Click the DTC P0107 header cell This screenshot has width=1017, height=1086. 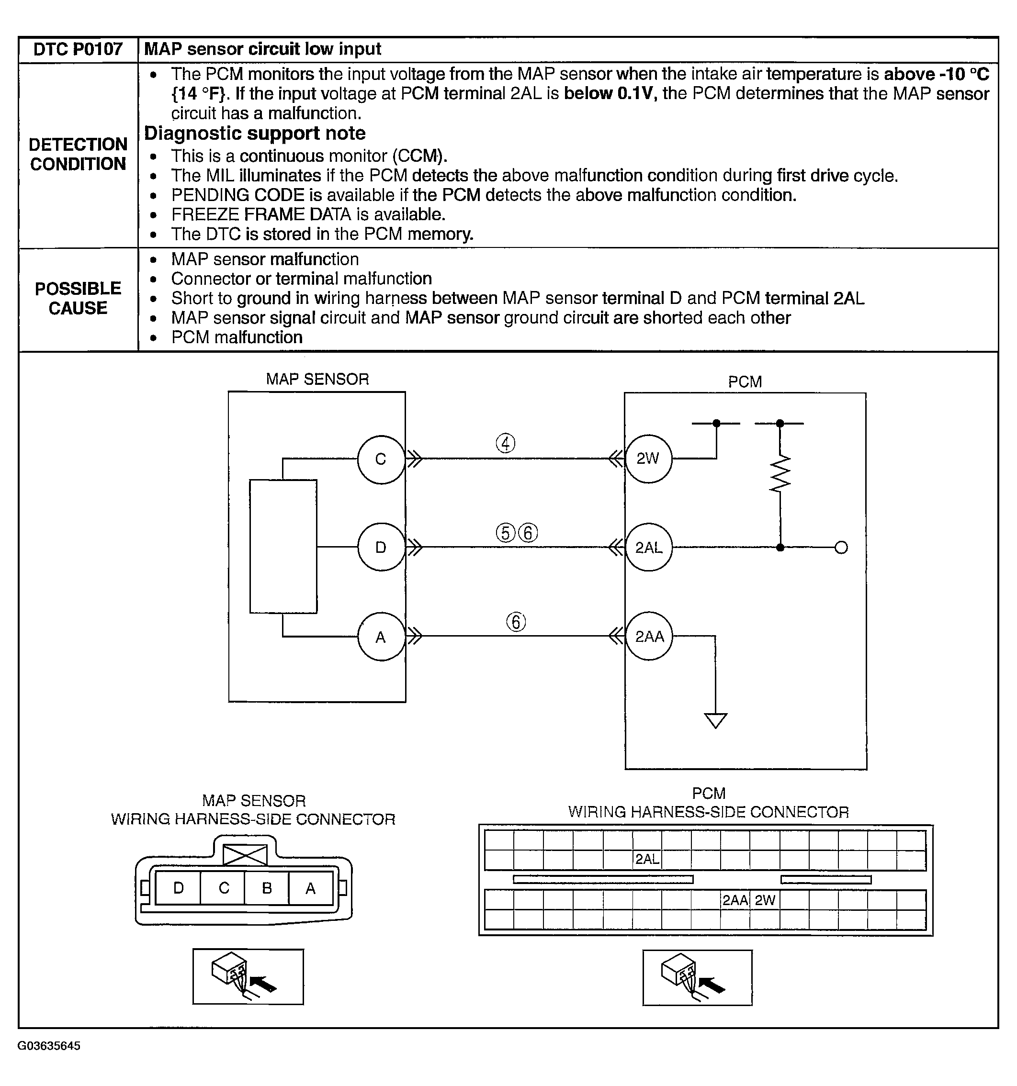[78, 49]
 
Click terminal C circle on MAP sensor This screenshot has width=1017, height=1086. [381, 459]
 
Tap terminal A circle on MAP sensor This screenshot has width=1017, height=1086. [381, 637]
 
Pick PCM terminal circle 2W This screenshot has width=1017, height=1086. [648, 459]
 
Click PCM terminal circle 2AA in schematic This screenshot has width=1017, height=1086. [649, 637]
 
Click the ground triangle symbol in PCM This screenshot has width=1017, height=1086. [715, 720]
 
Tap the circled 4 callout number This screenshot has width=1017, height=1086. [506, 443]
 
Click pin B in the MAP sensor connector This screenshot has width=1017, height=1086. [267, 888]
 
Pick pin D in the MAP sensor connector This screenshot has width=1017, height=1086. [178, 888]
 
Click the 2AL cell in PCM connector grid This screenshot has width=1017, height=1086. [647, 859]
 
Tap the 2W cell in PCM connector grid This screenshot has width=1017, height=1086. [765, 900]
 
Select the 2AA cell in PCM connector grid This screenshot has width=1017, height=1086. [735, 900]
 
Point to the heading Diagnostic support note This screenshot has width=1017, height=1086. [255, 133]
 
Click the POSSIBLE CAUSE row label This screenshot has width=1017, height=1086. [78, 298]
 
